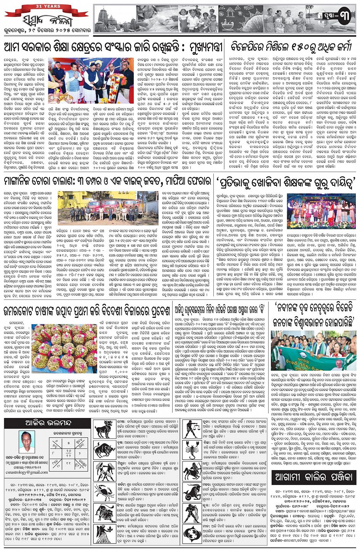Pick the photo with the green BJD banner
pyautogui.click(x=314, y=351)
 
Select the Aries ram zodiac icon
pyautogui.click(x=104, y=429)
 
